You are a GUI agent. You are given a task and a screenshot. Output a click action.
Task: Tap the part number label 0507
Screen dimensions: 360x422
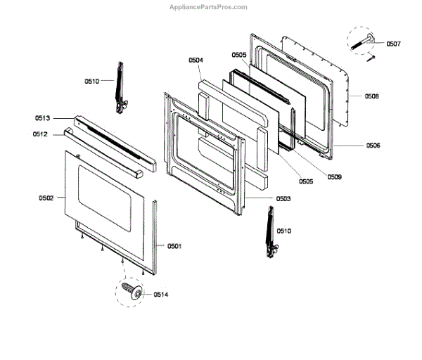click(x=393, y=44)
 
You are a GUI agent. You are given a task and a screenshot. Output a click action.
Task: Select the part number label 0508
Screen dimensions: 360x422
click(x=372, y=96)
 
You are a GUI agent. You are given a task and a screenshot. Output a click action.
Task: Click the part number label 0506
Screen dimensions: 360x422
click(x=373, y=146)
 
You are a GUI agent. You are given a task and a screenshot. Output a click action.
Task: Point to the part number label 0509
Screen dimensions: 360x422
click(x=334, y=177)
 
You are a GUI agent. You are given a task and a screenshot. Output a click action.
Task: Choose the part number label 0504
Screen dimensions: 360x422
click(x=196, y=61)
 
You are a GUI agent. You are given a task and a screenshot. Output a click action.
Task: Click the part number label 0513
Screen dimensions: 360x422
click(x=42, y=119)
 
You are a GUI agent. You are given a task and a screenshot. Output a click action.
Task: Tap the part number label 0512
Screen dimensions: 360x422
click(x=39, y=134)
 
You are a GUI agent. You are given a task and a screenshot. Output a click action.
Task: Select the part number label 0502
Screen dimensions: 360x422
click(x=46, y=199)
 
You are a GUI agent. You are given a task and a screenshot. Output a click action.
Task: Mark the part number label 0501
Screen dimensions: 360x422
click(x=174, y=245)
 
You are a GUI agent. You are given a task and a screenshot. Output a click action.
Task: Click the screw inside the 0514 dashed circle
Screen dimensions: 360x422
click(x=129, y=290)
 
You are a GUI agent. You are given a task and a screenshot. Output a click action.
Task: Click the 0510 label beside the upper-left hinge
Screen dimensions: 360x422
click(x=92, y=82)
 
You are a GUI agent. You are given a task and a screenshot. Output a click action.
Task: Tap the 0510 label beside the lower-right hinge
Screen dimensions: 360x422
click(x=283, y=231)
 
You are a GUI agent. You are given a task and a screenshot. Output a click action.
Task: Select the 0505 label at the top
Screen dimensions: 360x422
click(x=239, y=55)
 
